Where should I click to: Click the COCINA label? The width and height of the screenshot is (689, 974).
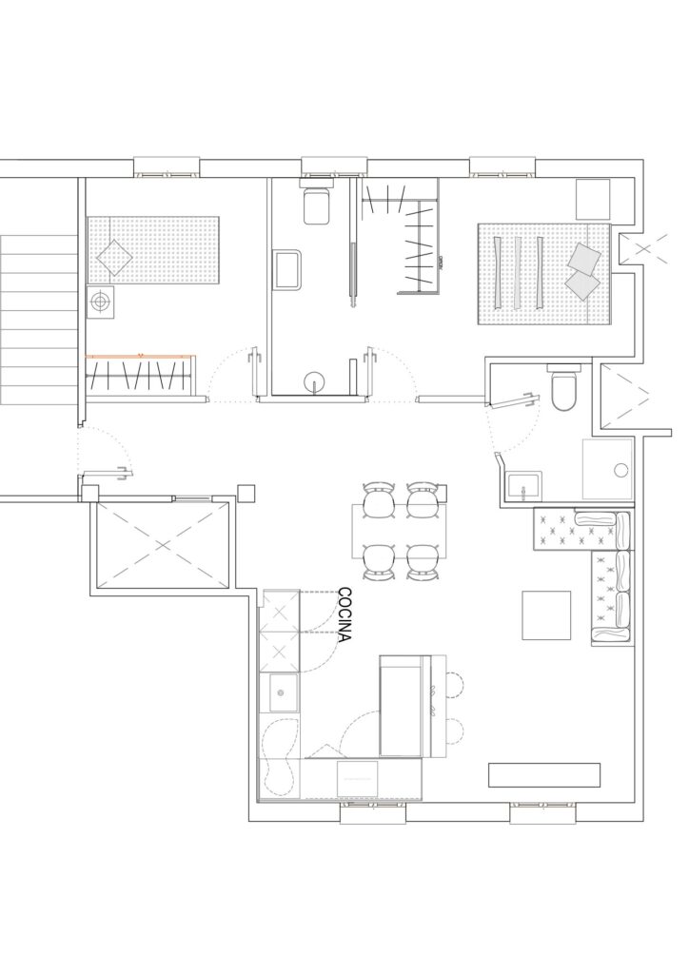[344, 615]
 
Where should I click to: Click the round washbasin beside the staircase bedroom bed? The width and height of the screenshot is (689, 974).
[99, 302]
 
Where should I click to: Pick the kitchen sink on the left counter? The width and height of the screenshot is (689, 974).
[283, 692]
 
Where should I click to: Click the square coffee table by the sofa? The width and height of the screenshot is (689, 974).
[546, 615]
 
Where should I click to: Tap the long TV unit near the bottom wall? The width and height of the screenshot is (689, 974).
[544, 774]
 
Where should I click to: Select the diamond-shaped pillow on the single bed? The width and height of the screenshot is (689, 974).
[112, 257]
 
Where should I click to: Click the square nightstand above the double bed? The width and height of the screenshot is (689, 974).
[593, 199]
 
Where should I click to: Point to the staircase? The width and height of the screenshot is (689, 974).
[38, 320]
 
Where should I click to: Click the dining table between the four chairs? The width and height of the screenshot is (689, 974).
[400, 531]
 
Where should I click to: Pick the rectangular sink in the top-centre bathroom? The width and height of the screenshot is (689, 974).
[286, 269]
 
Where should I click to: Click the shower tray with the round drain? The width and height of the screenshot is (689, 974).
[607, 469]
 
